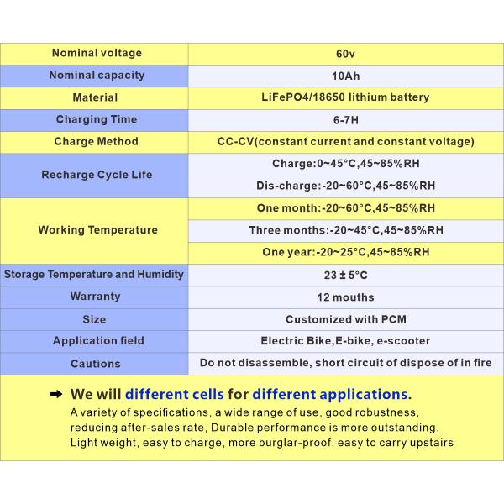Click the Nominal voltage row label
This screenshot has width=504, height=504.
coord(97,53)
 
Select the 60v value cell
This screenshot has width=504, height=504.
coord(346,54)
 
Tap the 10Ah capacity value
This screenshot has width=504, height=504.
coord(346,76)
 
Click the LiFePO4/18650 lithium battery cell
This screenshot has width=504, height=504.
coord(346,97)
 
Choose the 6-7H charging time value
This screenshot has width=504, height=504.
coord(346,119)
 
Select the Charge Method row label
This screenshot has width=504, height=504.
coord(96,141)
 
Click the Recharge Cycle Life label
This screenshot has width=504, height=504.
coord(96,175)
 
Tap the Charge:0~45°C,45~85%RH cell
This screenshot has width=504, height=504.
coord(346,164)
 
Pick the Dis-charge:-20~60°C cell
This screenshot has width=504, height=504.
coord(346,186)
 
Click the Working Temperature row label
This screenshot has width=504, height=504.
coord(97,229)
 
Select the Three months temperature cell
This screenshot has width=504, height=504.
coord(346,230)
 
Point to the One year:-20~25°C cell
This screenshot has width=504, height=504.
coord(346,252)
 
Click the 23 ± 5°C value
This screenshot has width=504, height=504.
coord(346,275)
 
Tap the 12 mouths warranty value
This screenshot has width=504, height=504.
coord(346,297)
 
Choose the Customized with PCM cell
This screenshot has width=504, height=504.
coord(346,319)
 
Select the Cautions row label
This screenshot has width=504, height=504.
coord(96,364)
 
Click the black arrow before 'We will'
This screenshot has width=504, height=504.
coord(56,394)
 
